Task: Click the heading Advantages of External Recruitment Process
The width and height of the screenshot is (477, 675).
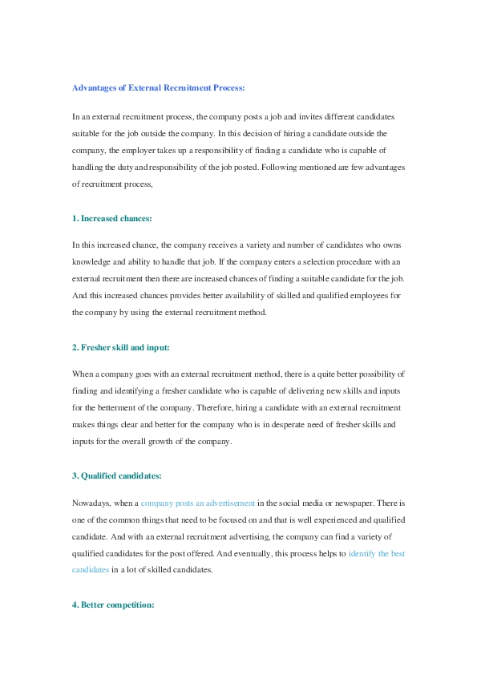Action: tap(159, 87)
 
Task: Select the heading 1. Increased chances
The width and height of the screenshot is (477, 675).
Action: tap(111, 218)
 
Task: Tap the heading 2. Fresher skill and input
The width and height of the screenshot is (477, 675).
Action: tap(120, 347)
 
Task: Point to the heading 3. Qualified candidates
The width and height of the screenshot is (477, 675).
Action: tap(116, 475)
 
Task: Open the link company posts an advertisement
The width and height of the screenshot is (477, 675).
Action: tap(198, 503)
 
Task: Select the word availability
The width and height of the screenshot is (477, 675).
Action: tap(220, 296)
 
